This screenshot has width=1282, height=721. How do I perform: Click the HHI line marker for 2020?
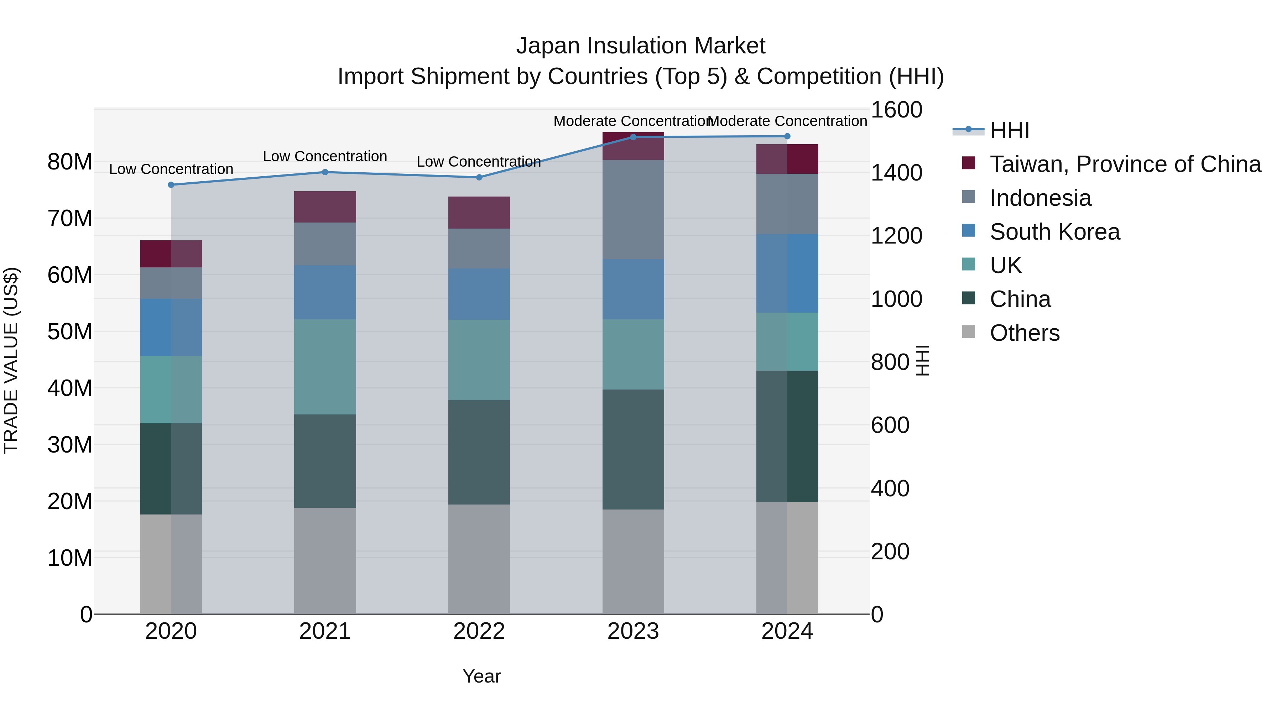click(x=171, y=184)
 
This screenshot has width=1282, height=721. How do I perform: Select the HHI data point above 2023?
click(x=633, y=137)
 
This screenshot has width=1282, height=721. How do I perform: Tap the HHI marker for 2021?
click(x=325, y=172)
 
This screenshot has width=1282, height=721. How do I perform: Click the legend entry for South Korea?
click(x=1054, y=231)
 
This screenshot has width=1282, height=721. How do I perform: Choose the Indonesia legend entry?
click(x=1040, y=198)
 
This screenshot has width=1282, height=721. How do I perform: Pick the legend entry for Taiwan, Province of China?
click(x=1125, y=164)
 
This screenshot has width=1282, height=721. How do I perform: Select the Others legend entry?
click(x=1024, y=333)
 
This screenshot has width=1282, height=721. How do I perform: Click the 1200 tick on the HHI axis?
click(x=896, y=236)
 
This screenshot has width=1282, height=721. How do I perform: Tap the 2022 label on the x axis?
click(x=479, y=631)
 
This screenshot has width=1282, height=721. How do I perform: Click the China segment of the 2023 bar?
click(x=633, y=449)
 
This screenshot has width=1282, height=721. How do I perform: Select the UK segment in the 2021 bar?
click(x=325, y=367)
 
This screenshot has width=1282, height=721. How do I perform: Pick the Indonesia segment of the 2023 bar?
click(x=633, y=209)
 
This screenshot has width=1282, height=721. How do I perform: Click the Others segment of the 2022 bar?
click(x=479, y=559)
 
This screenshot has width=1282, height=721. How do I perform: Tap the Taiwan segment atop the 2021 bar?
click(x=325, y=207)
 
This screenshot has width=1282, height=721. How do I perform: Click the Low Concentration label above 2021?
click(x=325, y=156)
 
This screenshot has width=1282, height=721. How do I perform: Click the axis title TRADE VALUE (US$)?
click(x=11, y=360)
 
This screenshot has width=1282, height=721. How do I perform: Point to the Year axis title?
click(x=481, y=676)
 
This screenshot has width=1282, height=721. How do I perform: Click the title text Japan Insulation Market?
click(x=641, y=46)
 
